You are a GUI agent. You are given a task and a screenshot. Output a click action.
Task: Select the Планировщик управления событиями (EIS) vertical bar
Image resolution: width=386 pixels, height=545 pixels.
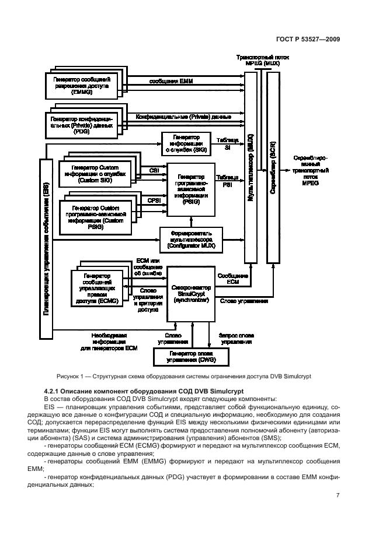[46, 248]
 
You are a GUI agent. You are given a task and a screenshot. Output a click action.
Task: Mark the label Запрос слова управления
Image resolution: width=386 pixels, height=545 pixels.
[235, 339]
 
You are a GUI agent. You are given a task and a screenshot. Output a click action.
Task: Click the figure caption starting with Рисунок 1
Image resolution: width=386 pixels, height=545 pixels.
[193, 376]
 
